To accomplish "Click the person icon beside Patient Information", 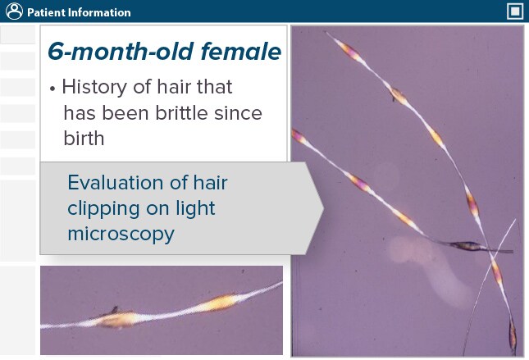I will [x=13, y=11].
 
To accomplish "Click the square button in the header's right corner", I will [x=515, y=11].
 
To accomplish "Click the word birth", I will [x=84, y=139].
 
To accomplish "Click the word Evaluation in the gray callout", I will [x=120, y=182].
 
